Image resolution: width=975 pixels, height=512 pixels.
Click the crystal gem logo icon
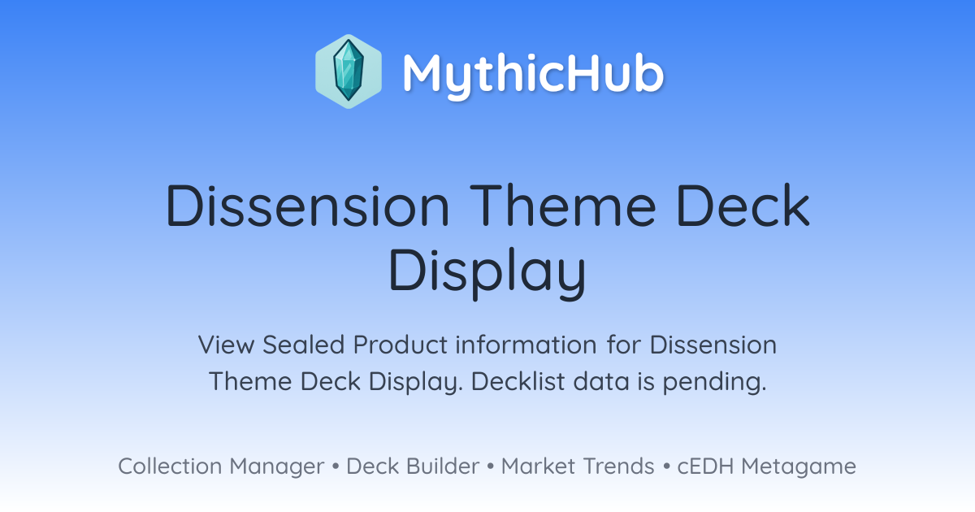point(349,72)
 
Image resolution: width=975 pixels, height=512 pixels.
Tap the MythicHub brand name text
point(533,74)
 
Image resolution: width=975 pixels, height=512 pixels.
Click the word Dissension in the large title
point(307,205)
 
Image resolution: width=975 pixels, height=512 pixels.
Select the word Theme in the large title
point(562,205)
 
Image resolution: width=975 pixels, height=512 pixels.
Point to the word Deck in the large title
point(743,205)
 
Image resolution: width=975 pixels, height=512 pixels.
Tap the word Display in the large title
point(487,273)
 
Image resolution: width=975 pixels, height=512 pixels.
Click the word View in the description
point(227,345)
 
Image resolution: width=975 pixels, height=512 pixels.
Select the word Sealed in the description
point(304,345)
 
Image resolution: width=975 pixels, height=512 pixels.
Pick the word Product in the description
point(400,345)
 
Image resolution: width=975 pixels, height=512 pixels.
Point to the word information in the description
point(526,345)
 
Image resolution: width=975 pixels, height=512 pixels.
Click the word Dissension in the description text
point(713,345)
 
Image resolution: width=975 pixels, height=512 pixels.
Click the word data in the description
point(601,381)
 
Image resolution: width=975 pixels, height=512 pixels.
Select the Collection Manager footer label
point(221,466)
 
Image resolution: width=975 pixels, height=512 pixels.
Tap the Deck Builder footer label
point(413,466)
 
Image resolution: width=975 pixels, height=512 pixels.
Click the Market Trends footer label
point(578,466)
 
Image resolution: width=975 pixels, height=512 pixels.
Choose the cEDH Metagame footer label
point(766,466)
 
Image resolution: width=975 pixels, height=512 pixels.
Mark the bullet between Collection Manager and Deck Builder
point(335,466)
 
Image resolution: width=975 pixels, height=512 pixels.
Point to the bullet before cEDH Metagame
point(666,466)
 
